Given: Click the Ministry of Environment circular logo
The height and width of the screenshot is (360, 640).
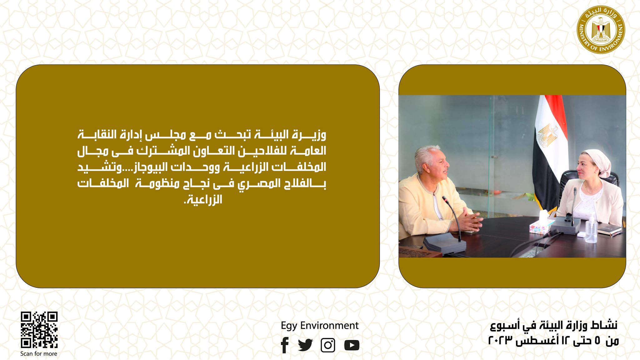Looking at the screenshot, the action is tap(601, 29).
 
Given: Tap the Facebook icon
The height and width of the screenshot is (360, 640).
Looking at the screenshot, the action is tap(284, 345).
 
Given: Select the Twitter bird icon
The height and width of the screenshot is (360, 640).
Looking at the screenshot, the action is tap(305, 345).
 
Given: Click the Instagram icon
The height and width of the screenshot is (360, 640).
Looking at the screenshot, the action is tap(328, 345).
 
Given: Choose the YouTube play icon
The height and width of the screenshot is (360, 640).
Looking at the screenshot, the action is tap(352, 345).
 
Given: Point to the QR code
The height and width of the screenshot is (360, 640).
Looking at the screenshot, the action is tap(39, 330).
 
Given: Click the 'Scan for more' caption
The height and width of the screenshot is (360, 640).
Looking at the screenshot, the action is tap(39, 354).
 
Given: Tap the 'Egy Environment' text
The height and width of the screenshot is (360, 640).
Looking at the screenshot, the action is tap(320, 326).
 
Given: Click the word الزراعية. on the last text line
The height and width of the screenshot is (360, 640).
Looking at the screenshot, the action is tap(203, 199).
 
